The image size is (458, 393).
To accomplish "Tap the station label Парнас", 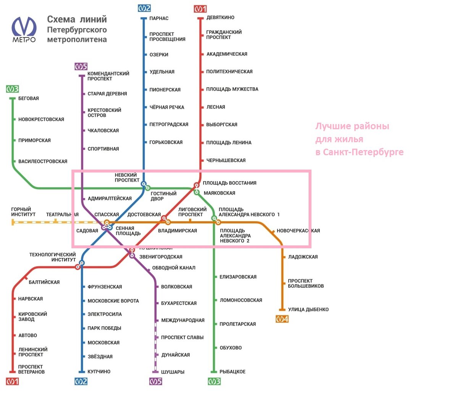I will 159,18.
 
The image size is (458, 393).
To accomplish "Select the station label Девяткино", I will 220,18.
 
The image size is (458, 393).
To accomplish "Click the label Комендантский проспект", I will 108,76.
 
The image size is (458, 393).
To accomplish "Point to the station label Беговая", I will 29,98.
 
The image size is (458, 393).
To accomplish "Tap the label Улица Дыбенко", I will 308,309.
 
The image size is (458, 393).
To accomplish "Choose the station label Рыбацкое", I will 232,372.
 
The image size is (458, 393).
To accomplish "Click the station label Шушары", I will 173,372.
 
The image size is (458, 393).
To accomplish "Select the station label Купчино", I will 99,372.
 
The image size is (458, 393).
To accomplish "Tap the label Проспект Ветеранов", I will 31,369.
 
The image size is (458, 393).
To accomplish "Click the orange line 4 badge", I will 282,319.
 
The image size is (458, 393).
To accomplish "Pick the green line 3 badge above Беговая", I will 12,89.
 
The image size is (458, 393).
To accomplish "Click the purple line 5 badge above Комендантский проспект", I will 81,67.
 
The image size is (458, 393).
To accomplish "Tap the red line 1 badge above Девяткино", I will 200,9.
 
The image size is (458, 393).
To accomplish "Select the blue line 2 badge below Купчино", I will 81,381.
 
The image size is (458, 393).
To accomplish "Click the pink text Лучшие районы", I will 352,126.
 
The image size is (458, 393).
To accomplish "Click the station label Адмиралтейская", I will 110,198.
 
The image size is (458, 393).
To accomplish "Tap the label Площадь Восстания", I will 229,183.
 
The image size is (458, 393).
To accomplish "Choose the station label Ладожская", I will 303,257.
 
